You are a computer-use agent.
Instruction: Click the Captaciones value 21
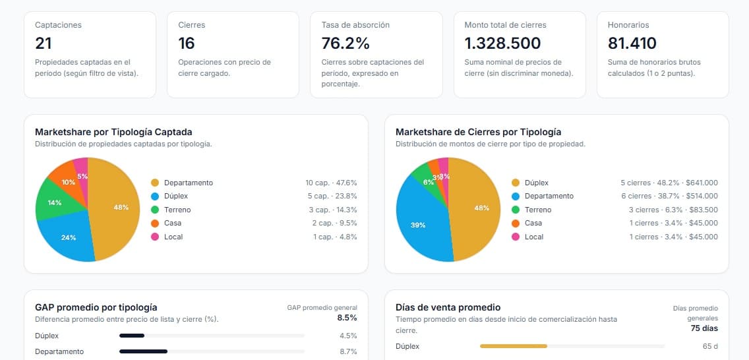[x=44, y=44]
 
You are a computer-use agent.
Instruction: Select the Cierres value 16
[x=187, y=44]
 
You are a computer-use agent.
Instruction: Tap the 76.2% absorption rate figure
[x=345, y=44]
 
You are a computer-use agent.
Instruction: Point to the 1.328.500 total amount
[x=502, y=44]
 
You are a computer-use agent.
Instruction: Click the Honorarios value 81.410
[x=632, y=44]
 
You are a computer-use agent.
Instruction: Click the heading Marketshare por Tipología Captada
[x=113, y=132]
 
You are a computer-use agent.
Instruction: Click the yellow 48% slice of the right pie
[x=478, y=208]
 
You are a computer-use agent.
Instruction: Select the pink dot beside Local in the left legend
[x=155, y=237]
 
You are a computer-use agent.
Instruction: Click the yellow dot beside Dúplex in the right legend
[x=516, y=183]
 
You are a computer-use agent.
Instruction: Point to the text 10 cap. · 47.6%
[x=331, y=183]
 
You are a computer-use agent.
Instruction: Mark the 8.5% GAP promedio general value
[x=347, y=317]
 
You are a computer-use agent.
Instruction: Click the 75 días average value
[x=704, y=328]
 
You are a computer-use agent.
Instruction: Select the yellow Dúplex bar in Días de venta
[x=513, y=346]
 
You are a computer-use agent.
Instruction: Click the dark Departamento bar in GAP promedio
[x=143, y=351]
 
